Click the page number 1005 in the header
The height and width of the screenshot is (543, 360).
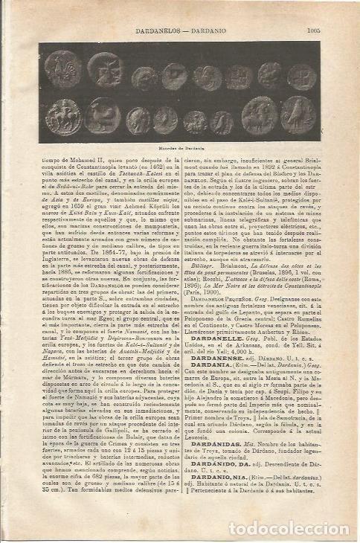click(312, 31)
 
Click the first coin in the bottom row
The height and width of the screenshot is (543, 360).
click(59, 115)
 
